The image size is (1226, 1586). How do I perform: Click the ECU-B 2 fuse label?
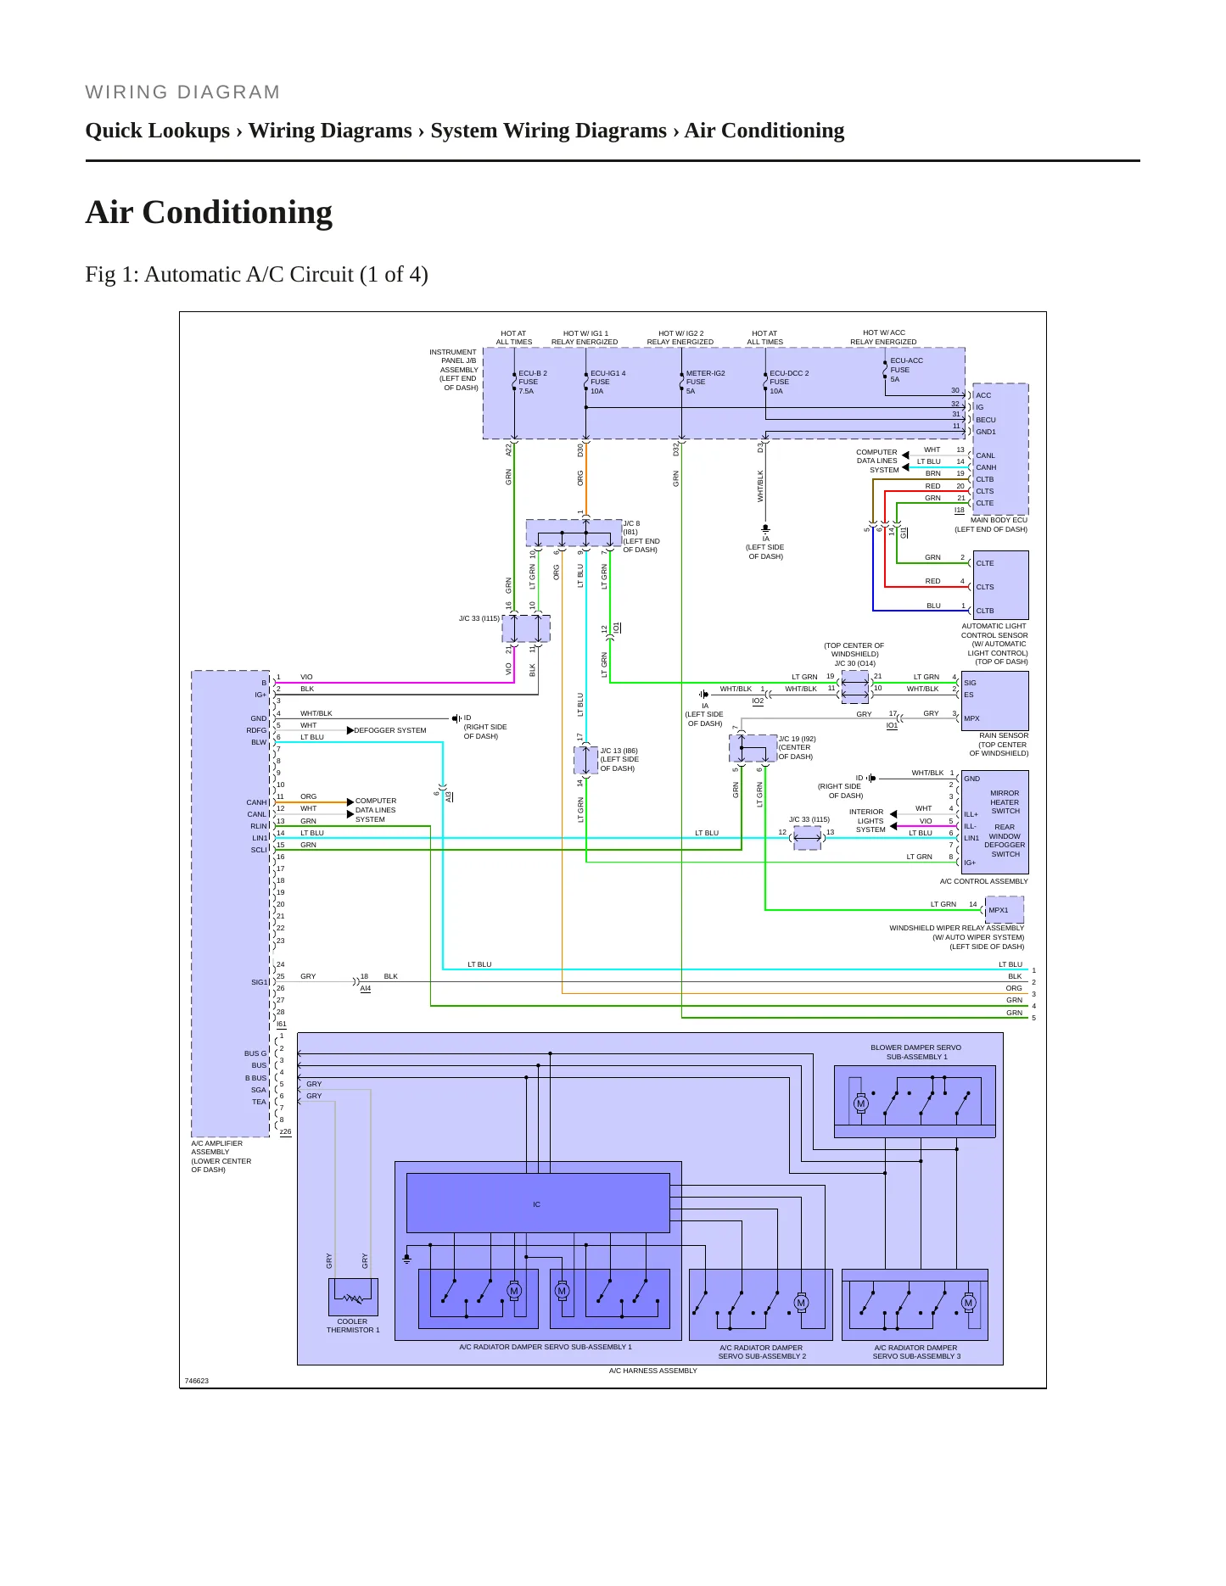point(533,382)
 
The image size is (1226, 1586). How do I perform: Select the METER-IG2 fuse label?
point(705,382)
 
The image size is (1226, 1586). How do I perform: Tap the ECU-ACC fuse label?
point(906,370)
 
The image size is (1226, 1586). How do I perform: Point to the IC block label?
point(536,1204)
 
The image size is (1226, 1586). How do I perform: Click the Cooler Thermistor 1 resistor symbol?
point(352,1298)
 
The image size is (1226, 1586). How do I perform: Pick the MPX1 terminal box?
point(1005,910)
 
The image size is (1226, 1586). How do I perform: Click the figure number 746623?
point(196,1381)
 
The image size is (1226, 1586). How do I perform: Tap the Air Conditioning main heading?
point(209,212)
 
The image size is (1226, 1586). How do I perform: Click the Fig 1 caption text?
point(256,275)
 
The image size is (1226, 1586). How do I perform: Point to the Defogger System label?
point(389,730)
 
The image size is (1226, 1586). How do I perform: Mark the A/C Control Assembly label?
point(983,881)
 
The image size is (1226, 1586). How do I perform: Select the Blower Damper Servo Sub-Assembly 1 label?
point(915,1052)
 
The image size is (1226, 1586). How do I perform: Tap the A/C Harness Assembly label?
point(652,1371)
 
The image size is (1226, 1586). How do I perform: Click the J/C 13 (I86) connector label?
point(619,751)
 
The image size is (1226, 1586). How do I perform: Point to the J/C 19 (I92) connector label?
point(797,739)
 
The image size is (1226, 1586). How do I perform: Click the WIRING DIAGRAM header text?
point(182,92)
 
